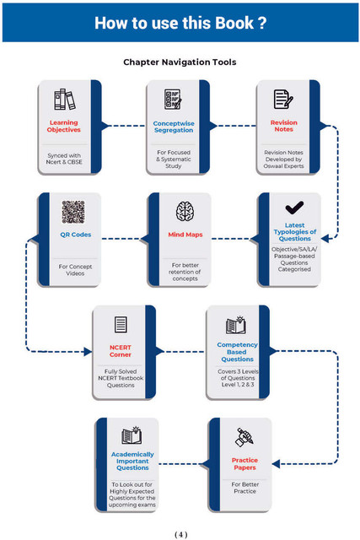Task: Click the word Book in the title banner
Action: click(x=234, y=23)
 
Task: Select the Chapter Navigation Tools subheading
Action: click(x=180, y=62)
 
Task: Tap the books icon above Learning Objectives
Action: click(x=64, y=100)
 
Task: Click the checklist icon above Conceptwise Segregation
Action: click(x=173, y=100)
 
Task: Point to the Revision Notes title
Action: click(x=283, y=126)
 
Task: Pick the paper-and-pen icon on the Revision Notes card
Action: click(x=283, y=100)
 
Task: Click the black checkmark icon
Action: click(x=294, y=208)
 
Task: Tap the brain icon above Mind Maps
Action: click(x=185, y=211)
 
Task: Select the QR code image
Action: click(x=73, y=212)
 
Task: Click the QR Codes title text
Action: click(x=76, y=235)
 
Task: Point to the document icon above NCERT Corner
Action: click(x=121, y=324)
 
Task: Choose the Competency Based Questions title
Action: click(x=237, y=352)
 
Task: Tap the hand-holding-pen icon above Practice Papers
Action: click(x=244, y=437)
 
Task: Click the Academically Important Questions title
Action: click(x=132, y=462)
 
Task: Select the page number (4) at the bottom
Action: click(x=181, y=534)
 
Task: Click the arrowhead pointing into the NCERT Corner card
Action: click(x=88, y=352)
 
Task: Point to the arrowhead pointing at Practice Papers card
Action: click(x=276, y=464)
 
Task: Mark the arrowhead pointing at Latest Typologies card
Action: click(x=325, y=238)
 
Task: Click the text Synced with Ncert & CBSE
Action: click(x=64, y=159)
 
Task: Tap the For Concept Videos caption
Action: click(x=75, y=270)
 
